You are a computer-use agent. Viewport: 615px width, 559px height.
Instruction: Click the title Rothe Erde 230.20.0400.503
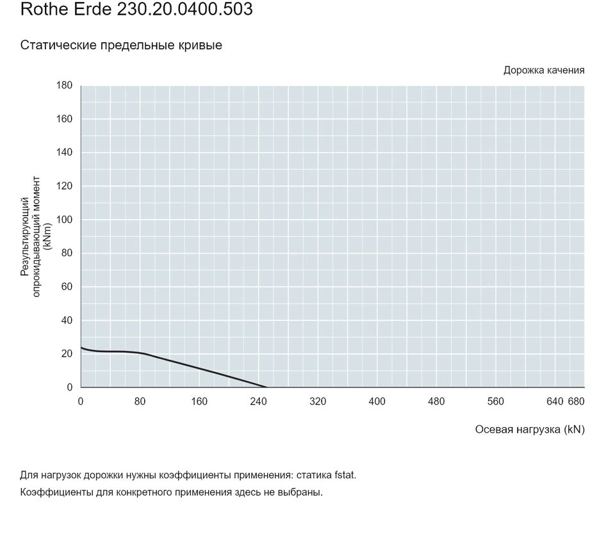point(136,9)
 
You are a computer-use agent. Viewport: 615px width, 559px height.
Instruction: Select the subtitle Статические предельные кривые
point(121,45)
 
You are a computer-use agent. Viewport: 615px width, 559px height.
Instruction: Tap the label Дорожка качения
point(544,70)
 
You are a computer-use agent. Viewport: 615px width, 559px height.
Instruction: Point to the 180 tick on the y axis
point(64,85)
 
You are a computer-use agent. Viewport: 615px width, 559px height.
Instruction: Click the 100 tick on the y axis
point(64,220)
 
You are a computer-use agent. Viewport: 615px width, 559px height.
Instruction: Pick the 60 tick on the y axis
point(67,287)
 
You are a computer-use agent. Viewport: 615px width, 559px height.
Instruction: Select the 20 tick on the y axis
point(67,353)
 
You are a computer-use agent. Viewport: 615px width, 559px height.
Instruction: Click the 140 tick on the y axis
point(64,152)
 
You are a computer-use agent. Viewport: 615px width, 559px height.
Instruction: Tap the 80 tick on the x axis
point(140,401)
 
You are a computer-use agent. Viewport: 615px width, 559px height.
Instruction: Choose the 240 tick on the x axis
point(258,401)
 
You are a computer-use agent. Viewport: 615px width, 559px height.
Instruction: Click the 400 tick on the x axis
point(377,401)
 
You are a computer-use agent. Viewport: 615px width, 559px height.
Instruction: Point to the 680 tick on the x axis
point(576,401)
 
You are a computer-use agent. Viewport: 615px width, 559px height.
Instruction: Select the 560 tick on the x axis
point(495,401)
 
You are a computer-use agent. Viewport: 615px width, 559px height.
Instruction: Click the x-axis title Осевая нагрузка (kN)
point(530,430)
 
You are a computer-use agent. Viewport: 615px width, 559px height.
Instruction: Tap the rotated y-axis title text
point(36,236)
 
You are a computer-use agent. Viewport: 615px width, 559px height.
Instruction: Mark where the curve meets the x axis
point(266,387)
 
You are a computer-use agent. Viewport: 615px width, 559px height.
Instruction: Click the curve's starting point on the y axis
point(81,347)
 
